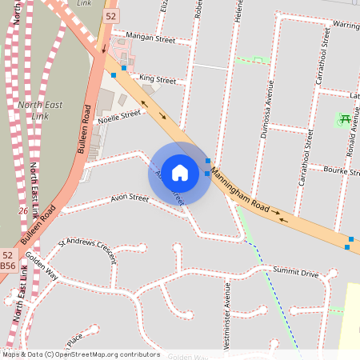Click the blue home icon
[180, 173]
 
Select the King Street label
[157, 79]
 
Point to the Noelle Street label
[118, 114]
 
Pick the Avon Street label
[130, 198]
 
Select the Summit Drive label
[295, 274]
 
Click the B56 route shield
[8, 265]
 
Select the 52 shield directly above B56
[8, 253]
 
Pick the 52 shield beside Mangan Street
[110, 16]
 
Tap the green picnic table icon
[344, 120]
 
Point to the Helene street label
[238, 10]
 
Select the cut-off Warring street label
[346, 25]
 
